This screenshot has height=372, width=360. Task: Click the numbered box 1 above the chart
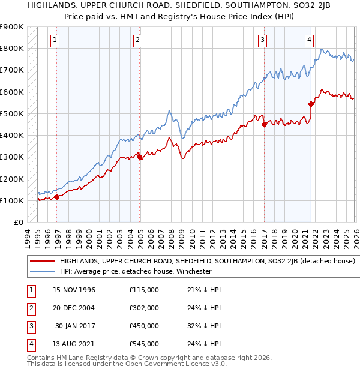click(x=55, y=40)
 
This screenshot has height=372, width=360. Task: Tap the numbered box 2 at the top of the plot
click(x=137, y=40)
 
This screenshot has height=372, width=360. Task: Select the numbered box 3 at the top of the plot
click(x=263, y=40)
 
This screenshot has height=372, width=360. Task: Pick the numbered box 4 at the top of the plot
click(x=309, y=40)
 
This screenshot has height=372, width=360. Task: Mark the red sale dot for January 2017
click(x=265, y=124)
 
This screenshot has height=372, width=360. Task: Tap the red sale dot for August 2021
click(x=311, y=104)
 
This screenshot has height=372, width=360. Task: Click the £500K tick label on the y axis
click(x=11, y=113)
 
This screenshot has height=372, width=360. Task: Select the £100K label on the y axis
click(x=11, y=200)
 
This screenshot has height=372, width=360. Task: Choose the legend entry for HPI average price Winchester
click(x=135, y=271)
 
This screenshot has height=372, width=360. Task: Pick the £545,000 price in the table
click(x=144, y=344)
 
